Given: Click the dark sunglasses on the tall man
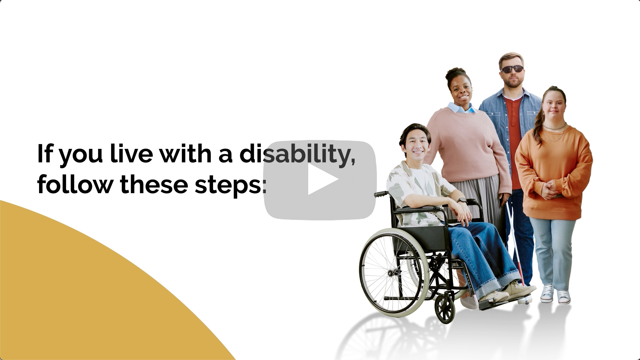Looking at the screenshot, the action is [512, 69].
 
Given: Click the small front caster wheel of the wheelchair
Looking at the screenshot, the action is [445, 309].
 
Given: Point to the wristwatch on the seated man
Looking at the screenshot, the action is [462, 201].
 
